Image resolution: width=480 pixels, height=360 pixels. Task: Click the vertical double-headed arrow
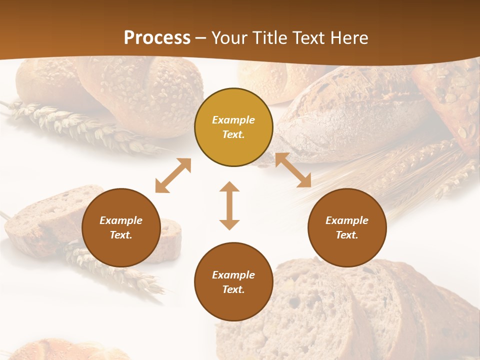pyautogui.click(x=229, y=205)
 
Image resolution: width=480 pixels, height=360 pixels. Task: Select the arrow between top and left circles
pyautogui.click(x=173, y=175)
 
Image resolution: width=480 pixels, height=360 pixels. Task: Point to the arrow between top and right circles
pyautogui.click(x=293, y=170)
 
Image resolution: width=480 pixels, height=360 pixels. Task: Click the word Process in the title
pyautogui.click(x=157, y=37)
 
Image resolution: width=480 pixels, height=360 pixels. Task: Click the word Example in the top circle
pyautogui.click(x=233, y=120)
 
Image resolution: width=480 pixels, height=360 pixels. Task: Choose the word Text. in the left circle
pyautogui.click(x=121, y=235)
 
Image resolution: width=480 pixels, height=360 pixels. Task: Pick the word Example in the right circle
pyautogui.click(x=347, y=220)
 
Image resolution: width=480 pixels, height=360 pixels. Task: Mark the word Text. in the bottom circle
pyautogui.click(x=233, y=289)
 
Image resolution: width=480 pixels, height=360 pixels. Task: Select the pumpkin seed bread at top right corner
pyautogui.click(x=450, y=100)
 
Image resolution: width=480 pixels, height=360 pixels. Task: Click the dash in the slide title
pyautogui.click(x=201, y=38)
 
